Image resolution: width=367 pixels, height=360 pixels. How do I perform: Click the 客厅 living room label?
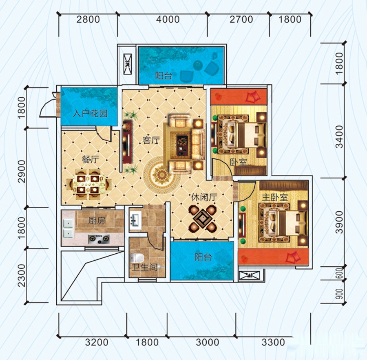[x=151, y=140]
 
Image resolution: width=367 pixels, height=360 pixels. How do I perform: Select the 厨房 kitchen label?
[x=97, y=220]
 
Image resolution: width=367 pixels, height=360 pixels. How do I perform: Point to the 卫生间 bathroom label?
[x=144, y=267]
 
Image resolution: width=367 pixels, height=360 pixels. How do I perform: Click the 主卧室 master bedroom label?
[x=275, y=198]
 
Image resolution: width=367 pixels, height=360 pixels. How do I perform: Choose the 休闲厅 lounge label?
[x=204, y=198]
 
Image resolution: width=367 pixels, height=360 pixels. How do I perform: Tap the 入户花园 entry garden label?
[x=90, y=114]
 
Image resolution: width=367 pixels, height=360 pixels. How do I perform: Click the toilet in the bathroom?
[x=137, y=258]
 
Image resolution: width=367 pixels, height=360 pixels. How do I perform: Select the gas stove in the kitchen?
[x=99, y=239]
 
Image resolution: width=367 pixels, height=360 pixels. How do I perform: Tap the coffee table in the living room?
[x=182, y=145]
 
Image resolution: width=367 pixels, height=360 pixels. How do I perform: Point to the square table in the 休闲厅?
[x=203, y=219]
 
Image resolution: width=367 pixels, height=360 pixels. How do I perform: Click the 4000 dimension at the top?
[x=168, y=19]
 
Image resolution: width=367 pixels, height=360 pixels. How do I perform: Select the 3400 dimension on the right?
[x=339, y=137]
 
